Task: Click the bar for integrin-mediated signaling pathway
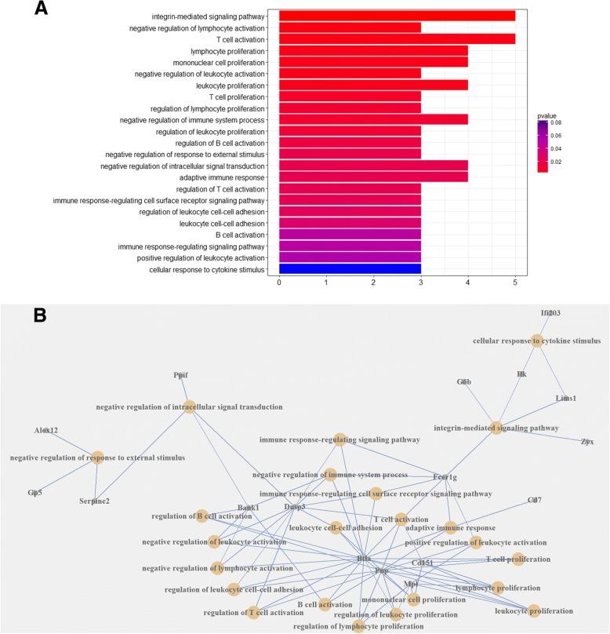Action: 397,16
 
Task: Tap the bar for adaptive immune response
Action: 373,177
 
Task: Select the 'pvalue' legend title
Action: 546,115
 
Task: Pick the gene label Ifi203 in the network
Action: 550,313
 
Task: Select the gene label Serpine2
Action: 94,501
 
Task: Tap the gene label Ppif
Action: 181,375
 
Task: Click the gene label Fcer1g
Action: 445,477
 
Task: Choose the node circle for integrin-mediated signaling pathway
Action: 496,428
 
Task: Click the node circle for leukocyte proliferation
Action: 534,610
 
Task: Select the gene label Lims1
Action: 566,398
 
